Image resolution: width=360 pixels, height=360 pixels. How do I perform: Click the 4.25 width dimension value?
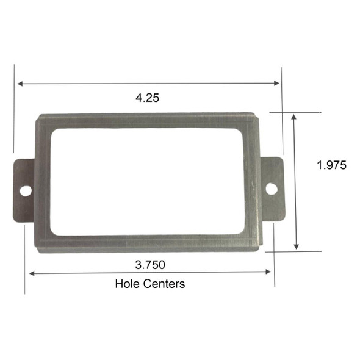tap(148, 98)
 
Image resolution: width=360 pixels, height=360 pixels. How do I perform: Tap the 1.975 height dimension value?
tap(331, 165)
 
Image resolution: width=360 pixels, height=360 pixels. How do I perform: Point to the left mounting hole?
tap(25, 191)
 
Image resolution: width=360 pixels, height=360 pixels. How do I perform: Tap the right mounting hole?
tap(270, 189)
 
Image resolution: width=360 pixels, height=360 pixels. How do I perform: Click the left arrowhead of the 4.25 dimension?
tap(20, 83)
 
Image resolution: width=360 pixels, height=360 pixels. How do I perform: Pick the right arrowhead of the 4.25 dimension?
tap(278, 83)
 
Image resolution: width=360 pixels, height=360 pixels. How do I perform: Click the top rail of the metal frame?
tap(146, 120)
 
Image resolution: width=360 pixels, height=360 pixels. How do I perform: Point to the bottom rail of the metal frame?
tap(146, 243)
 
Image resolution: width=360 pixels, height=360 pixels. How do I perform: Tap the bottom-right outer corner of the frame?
tap(261, 250)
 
